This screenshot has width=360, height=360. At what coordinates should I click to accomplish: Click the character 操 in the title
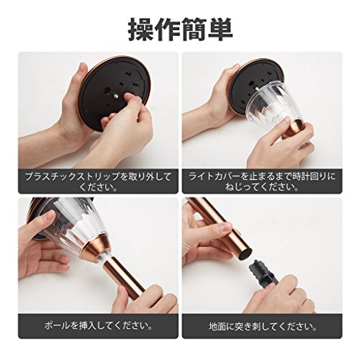(140, 30)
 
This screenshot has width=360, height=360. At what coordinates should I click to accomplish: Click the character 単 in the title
(220, 30)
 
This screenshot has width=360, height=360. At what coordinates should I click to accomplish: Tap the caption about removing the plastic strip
(98, 181)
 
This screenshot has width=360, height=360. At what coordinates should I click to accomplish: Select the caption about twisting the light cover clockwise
(262, 181)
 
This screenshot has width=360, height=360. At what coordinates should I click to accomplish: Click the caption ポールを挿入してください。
(98, 326)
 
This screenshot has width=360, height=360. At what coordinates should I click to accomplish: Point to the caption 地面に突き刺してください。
(262, 326)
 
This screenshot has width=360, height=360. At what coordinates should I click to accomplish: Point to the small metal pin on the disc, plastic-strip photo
(117, 96)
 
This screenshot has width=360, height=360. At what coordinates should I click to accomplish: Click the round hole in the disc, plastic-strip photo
(107, 91)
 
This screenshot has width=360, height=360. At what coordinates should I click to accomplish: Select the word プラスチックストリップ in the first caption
(72, 177)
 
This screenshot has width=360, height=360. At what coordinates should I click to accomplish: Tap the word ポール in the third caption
(58, 326)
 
